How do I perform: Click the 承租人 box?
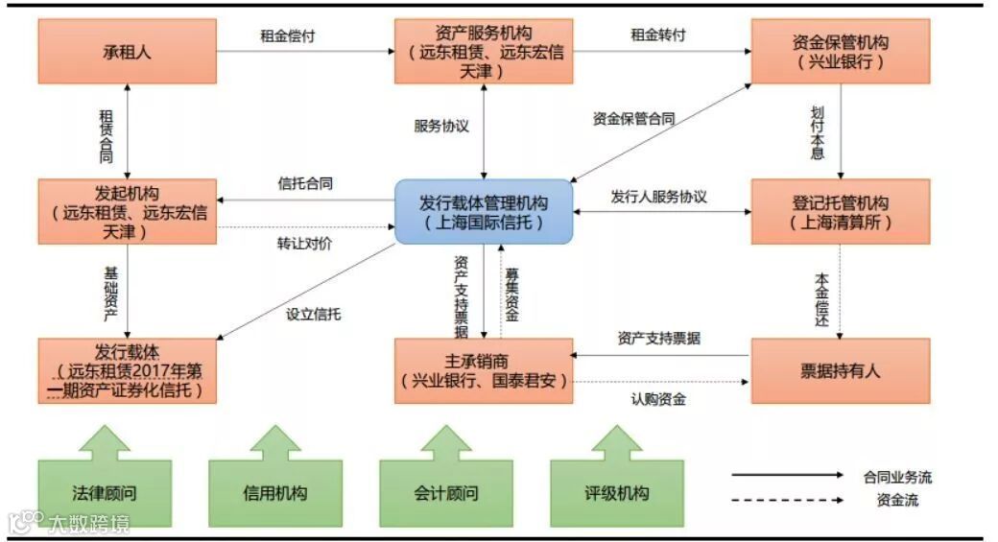click(128, 50)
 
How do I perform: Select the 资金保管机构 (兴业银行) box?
click(841, 52)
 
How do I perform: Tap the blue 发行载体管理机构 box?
click(484, 211)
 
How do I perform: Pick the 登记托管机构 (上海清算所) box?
click(841, 212)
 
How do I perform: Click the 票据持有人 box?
click(841, 370)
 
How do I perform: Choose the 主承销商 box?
click(484, 370)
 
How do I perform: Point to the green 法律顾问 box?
click(105, 494)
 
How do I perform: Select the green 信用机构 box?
click(275, 494)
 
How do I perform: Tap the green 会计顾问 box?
click(446, 494)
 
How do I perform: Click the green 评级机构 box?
click(617, 494)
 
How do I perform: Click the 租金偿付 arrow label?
click(288, 35)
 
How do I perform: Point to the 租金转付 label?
click(658, 35)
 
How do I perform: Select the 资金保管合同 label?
click(633, 120)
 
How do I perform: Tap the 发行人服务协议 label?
click(659, 197)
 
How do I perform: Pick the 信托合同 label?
click(305, 183)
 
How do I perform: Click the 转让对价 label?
click(305, 243)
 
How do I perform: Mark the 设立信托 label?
click(314, 313)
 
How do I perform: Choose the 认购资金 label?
click(658, 399)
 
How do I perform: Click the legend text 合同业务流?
click(896, 477)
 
